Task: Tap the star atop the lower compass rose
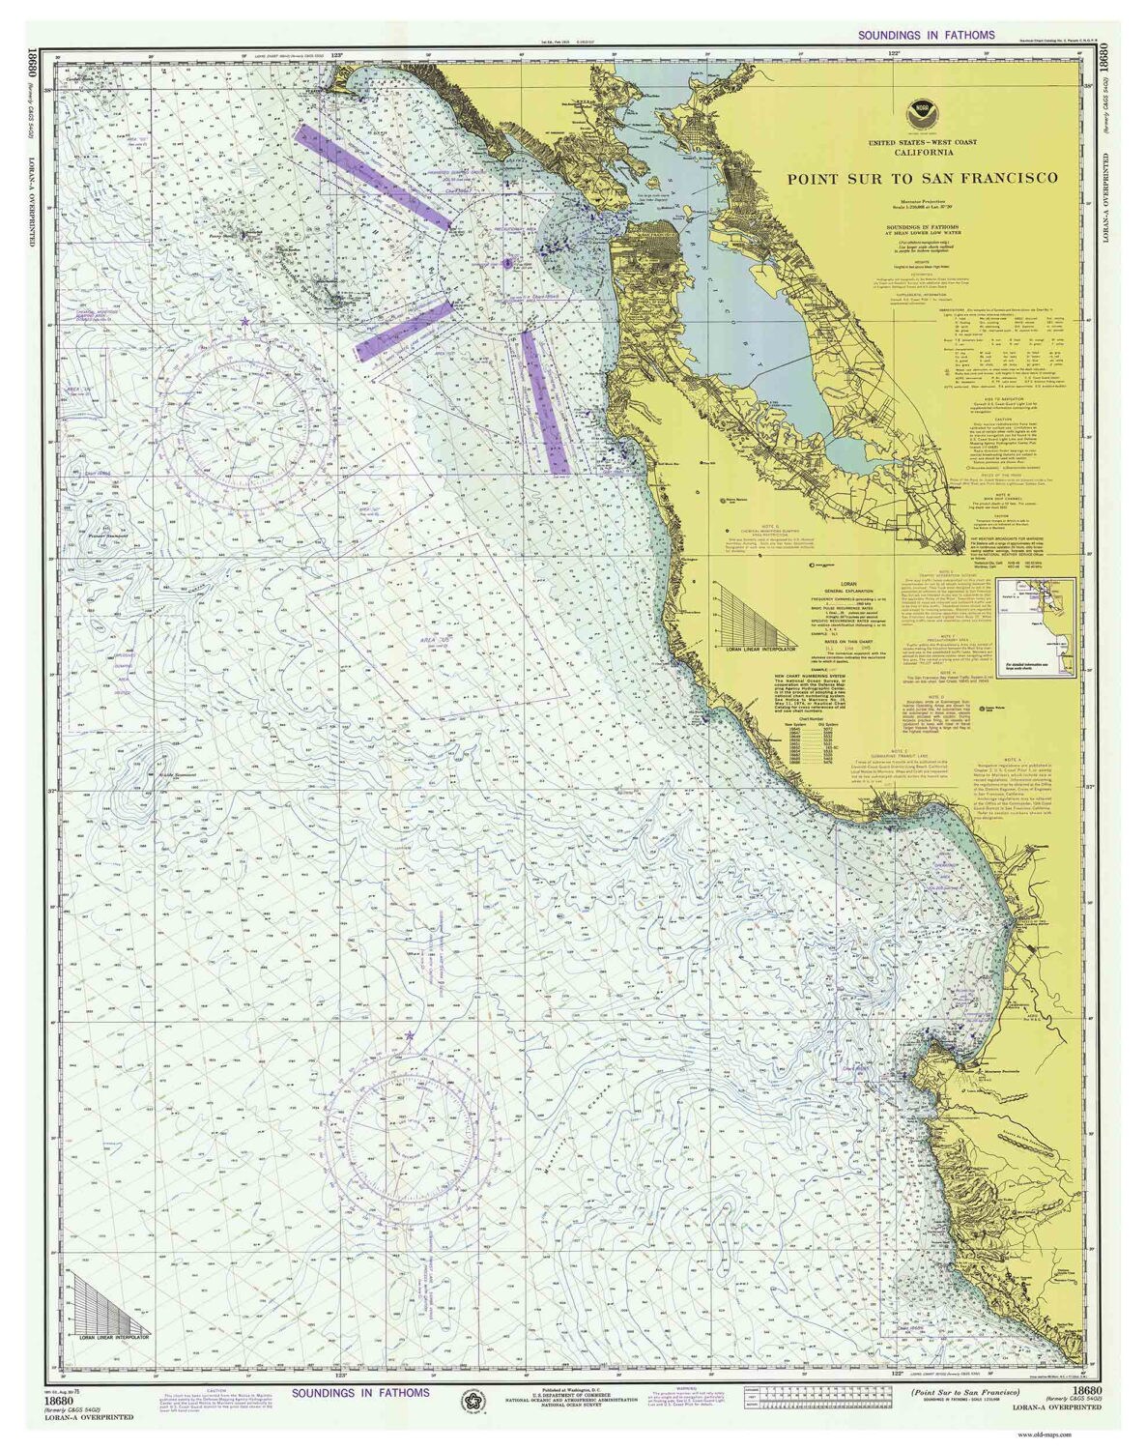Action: (x=410, y=1035)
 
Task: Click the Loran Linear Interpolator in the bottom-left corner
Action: (x=108, y=1300)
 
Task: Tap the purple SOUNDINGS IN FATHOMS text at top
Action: (x=926, y=35)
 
